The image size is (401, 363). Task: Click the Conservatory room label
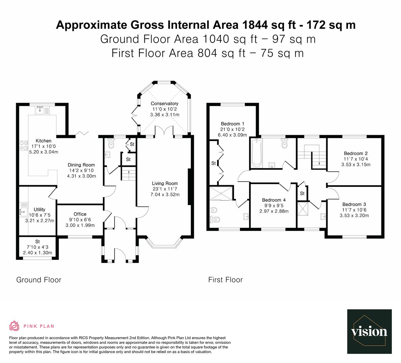[x=164, y=104]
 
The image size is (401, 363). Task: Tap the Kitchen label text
[x=43, y=141]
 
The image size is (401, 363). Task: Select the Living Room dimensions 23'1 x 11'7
[x=165, y=189]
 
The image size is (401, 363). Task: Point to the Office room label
[x=80, y=214]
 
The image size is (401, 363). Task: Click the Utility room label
[x=39, y=209]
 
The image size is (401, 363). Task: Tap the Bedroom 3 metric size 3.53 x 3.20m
[x=354, y=215]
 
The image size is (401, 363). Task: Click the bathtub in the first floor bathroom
[x=257, y=153]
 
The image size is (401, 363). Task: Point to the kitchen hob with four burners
[x=24, y=145]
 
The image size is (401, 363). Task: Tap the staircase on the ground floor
[x=128, y=174]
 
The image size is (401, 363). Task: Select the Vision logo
[x=369, y=331]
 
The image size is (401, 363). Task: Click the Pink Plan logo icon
[x=14, y=326]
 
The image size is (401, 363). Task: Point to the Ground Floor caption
[x=39, y=280]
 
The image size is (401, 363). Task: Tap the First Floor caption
[x=225, y=280]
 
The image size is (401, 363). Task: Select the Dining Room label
[x=81, y=165]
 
